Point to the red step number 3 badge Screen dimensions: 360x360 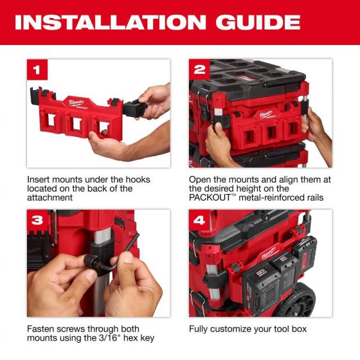coord(37,220)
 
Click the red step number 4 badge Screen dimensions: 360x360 coord(199,220)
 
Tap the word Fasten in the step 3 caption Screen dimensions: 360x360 coord(42,328)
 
